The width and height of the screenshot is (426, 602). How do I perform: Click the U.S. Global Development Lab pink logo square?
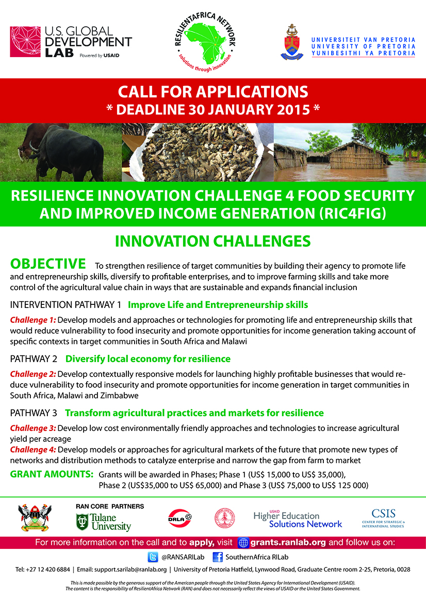point(25,42)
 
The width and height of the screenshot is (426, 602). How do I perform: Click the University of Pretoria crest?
point(292,42)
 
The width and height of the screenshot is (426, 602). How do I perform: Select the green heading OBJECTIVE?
point(48,264)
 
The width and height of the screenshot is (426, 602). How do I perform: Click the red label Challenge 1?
point(33,320)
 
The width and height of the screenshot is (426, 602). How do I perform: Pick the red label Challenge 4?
point(33,450)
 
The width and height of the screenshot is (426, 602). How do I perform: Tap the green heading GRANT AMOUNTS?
point(52,474)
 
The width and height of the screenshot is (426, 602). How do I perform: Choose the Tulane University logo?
point(104,522)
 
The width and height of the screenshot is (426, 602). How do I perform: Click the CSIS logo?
point(383,518)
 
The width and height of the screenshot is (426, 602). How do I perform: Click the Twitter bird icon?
point(153,557)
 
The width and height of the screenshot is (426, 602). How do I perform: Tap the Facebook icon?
point(218,557)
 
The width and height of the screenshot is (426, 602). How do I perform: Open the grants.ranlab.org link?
point(288,542)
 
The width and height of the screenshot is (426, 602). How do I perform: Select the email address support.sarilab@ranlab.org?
point(130,570)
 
